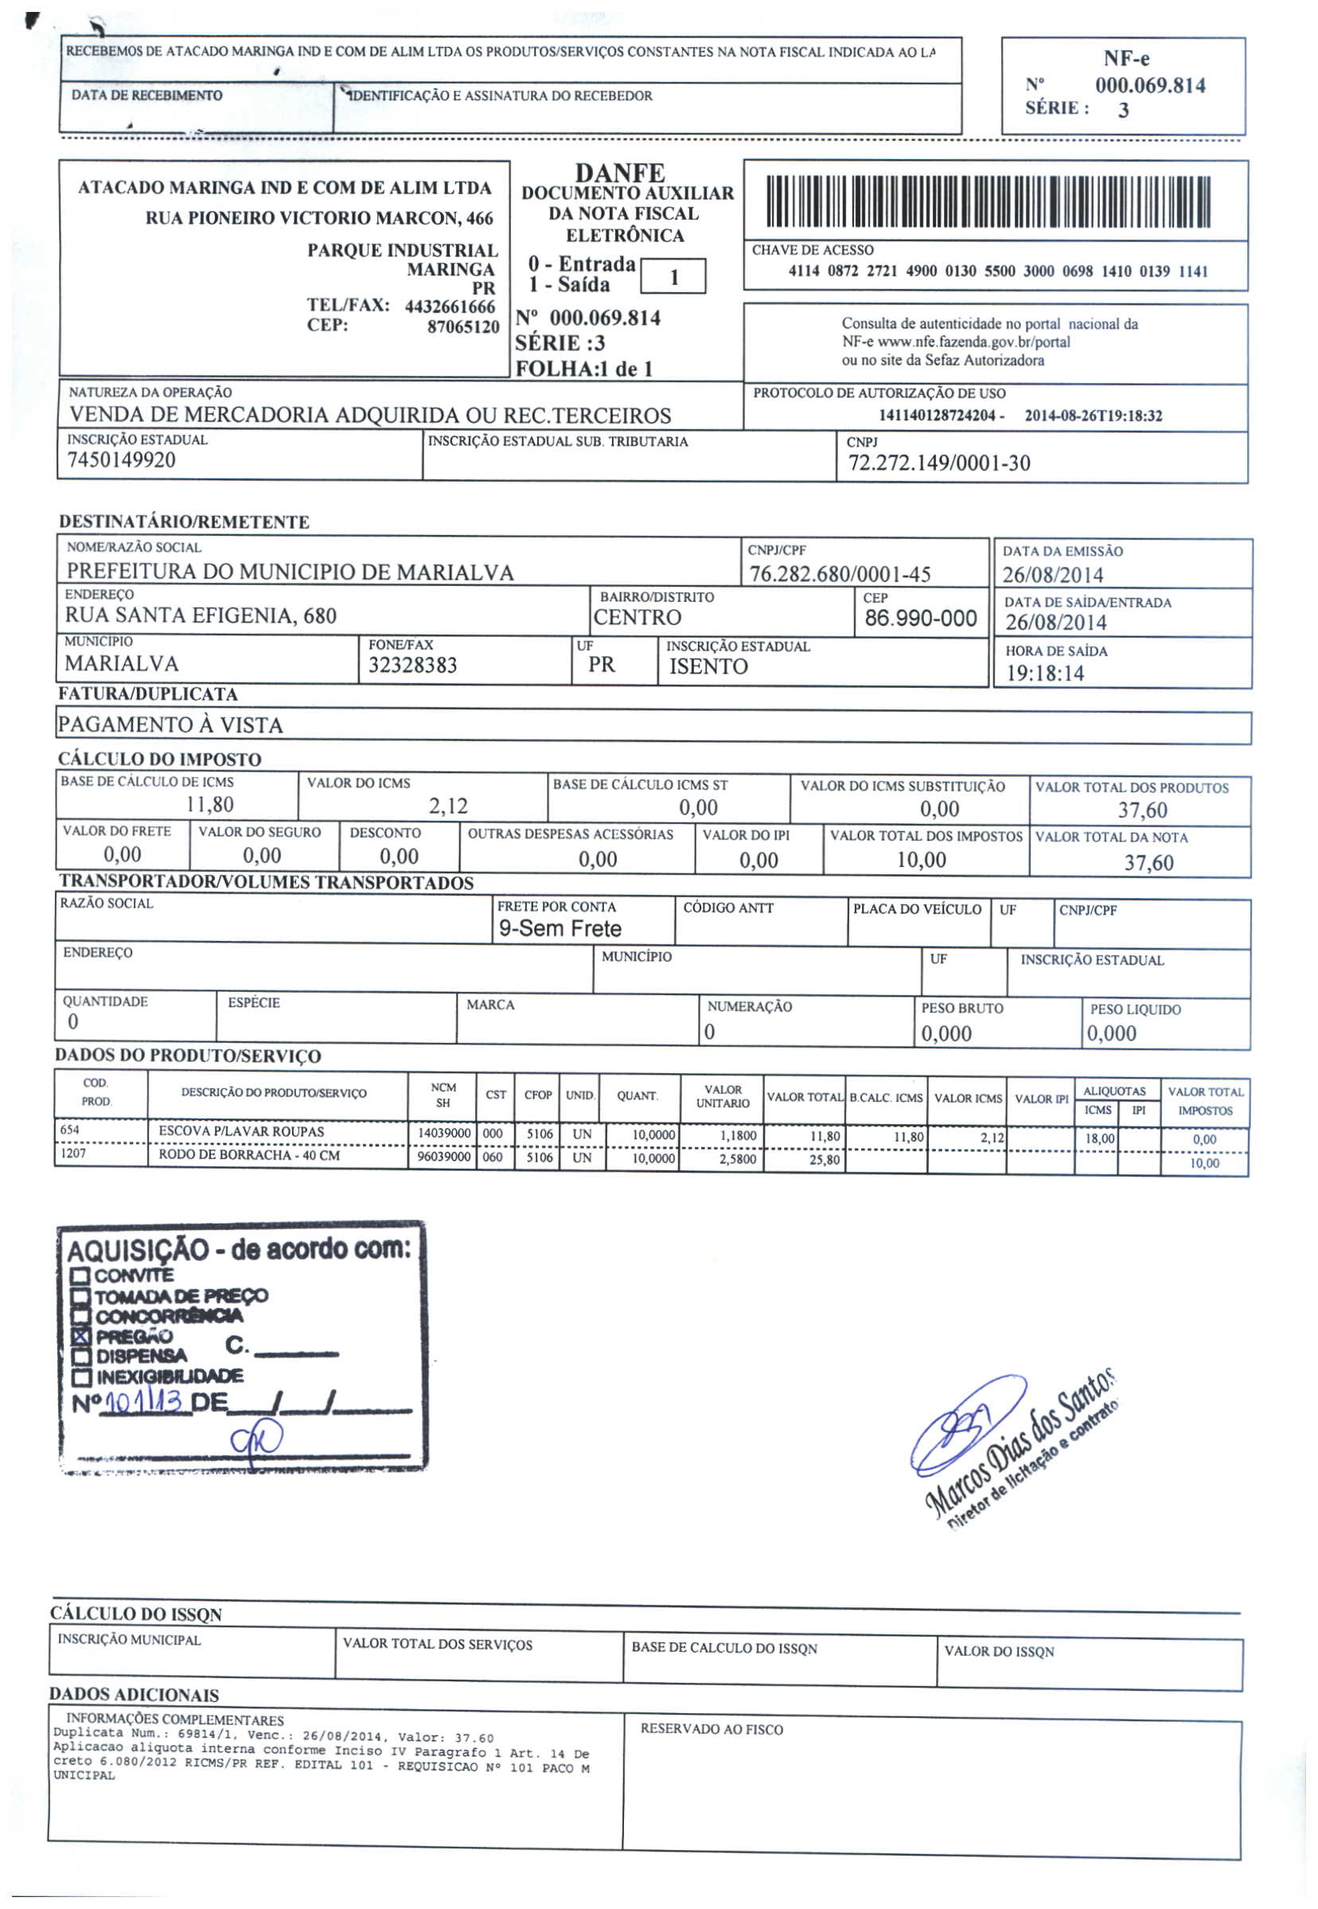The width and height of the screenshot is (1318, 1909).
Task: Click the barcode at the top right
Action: pos(988,202)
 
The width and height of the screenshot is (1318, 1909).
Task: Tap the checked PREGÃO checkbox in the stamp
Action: pos(80,1337)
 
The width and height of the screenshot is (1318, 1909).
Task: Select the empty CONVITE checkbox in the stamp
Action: pos(80,1275)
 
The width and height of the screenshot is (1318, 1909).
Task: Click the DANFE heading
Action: pos(619,174)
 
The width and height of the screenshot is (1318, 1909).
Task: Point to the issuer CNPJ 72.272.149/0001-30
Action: pos(939,463)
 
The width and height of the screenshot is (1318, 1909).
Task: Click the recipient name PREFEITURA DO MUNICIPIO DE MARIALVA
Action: pos(290,572)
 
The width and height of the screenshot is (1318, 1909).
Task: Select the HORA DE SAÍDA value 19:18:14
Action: pos(1045,674)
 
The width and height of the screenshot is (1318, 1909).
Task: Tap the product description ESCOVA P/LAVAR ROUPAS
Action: pos(241,1132)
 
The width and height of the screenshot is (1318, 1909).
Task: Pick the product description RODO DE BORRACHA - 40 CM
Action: pos(248,1156)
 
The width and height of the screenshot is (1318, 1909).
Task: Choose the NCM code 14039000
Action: pos(443,1134)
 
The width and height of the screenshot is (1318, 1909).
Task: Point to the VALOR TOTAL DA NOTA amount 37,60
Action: pos(1148,863)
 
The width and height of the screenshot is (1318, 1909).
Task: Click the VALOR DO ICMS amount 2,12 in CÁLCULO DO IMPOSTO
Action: pos(447,806)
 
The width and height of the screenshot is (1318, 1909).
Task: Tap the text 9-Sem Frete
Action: pos(560,929)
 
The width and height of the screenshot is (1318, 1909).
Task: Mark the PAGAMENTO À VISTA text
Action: pos(170,725)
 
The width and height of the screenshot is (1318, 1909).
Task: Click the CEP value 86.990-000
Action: pos(921,619)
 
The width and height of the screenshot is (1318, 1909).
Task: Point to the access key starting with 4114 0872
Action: pos(997,271)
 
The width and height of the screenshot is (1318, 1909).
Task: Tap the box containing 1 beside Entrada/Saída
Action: pos(673,277)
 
